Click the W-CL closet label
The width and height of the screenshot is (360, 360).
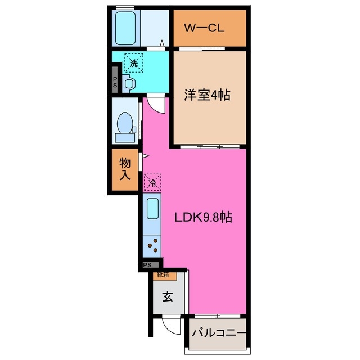(206, 27)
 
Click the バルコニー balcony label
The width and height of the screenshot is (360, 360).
(218, 334)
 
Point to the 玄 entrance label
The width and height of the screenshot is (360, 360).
(168, 298)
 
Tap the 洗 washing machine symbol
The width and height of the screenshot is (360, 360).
(134, 63)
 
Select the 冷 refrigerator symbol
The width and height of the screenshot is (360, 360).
(152, 182)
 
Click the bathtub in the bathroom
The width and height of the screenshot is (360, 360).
(126, 29)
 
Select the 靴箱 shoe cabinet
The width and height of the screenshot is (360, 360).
(168, 276)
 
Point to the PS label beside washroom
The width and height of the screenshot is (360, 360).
(115, 83)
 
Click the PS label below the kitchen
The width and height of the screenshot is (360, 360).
(147, 265)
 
